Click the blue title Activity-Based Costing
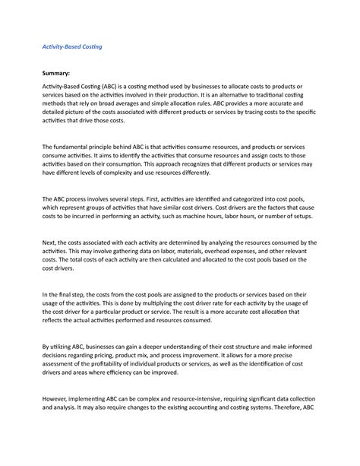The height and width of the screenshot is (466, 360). [x=71, y=46]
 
